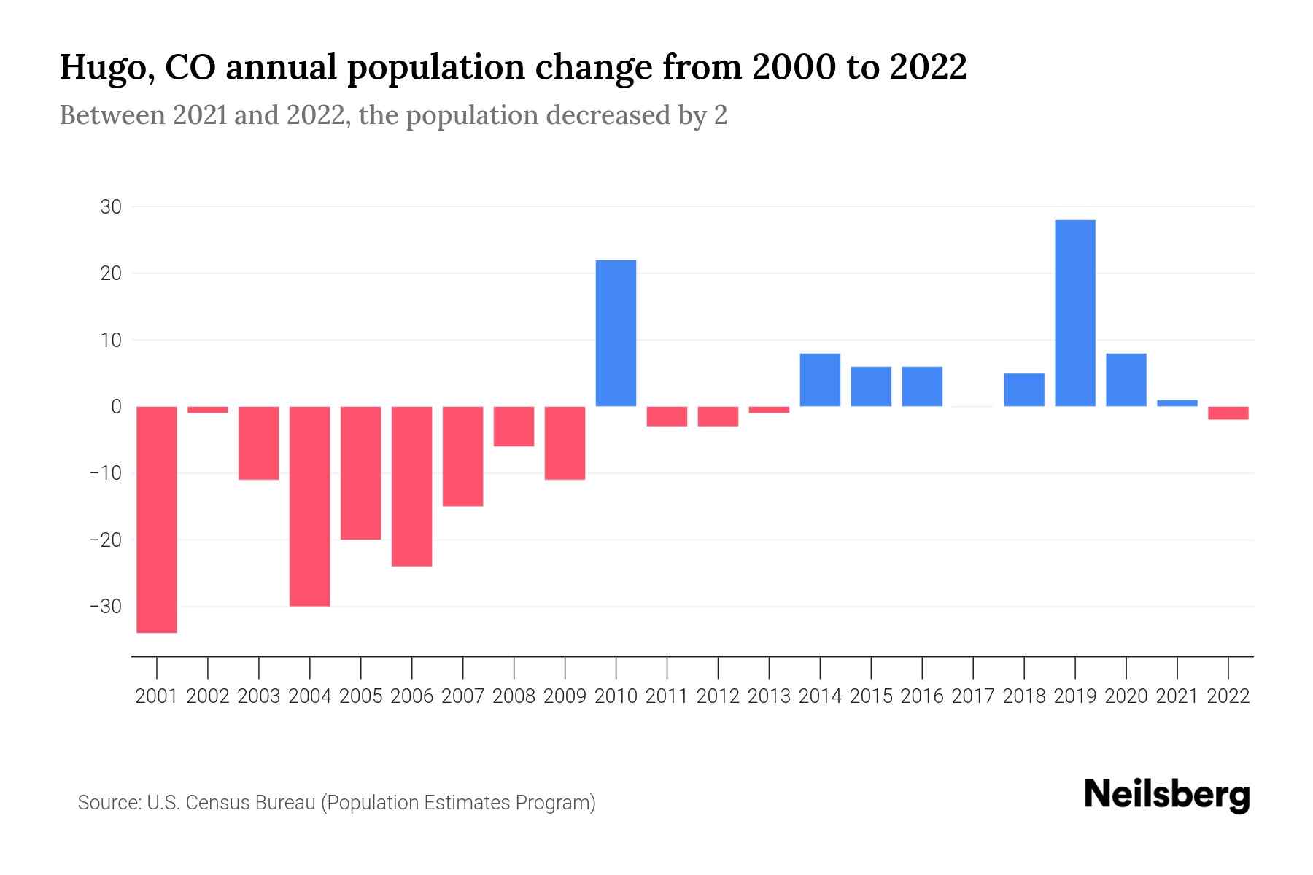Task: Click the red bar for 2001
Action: coord(157,519)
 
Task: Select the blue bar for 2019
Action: coord(1075,313)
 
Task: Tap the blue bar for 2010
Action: coord(616,333)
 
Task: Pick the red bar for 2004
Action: coord(310,506)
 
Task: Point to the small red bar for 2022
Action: coord(1228,413)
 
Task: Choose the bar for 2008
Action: coord(514,427)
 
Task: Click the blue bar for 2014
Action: coord(820,380)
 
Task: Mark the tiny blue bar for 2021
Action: coord(1177,403)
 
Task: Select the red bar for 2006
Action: coord(412,486)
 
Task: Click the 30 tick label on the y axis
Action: coord(111,207)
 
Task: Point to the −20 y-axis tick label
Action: coord(106,540)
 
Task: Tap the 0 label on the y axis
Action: coord(116,407)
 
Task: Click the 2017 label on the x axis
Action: coord(973,696)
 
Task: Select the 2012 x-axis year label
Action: coord(718,696)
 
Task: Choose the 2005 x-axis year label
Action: coord(361,696)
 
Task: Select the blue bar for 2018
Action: coord(1024,390)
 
